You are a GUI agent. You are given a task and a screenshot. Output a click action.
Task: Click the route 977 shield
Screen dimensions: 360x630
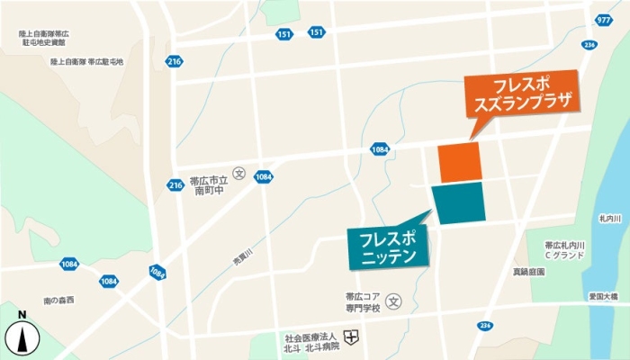[x=603, y=19]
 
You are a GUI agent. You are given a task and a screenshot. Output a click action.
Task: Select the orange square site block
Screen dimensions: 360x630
[x=459, y=162]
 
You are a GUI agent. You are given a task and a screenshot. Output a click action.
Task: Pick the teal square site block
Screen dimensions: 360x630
[x=459, y=202]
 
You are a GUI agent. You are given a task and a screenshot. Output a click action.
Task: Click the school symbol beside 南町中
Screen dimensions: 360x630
[x=239, y=173]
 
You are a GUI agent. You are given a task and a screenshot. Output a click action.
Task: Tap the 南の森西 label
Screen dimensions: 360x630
[x=58, y=299]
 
